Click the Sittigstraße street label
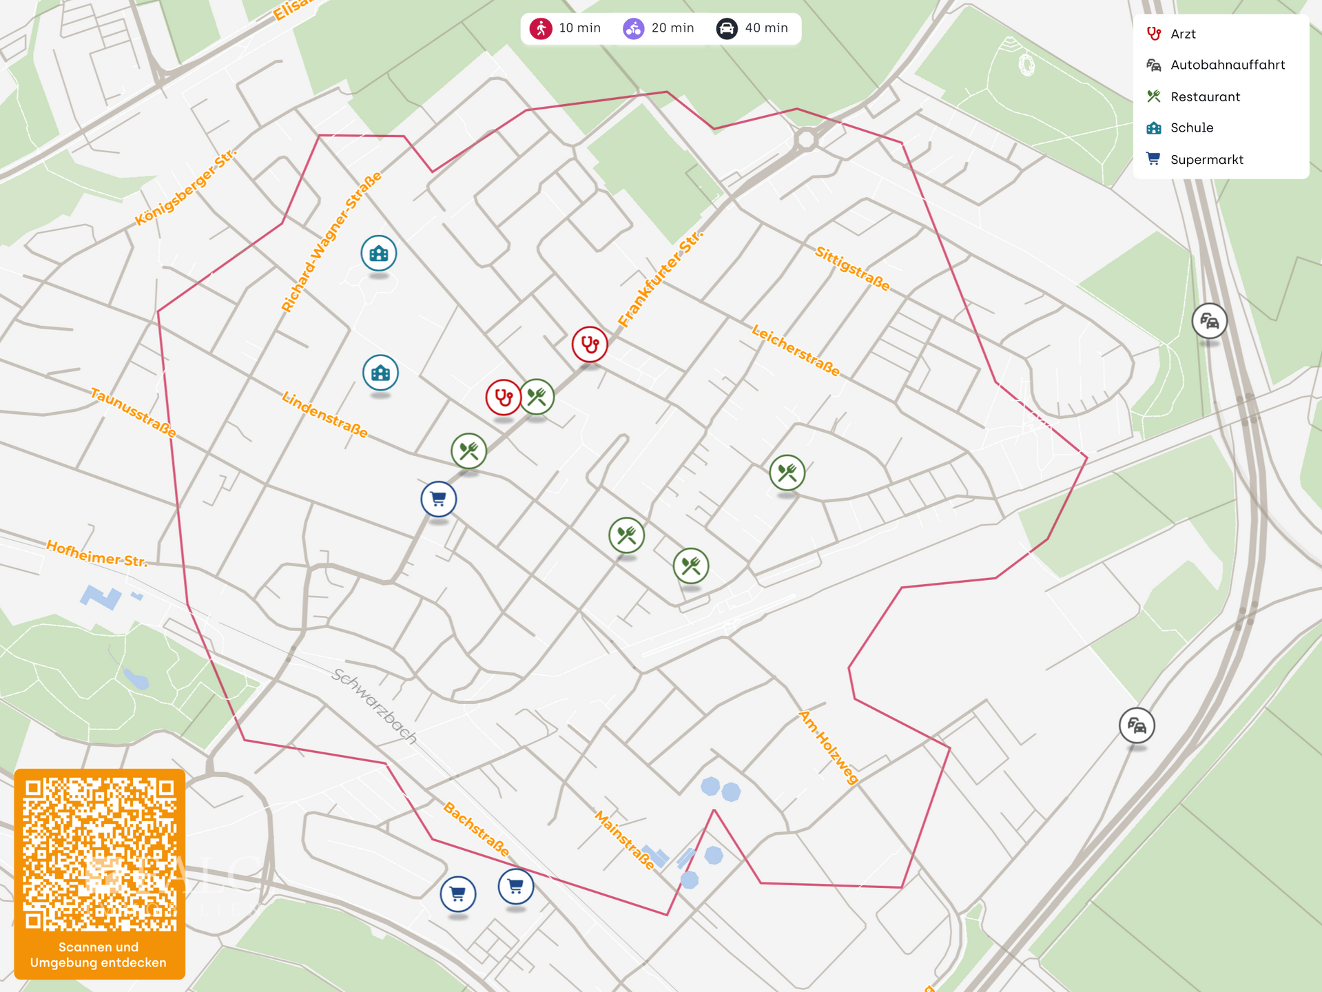[852, 268]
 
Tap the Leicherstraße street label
[796, 351]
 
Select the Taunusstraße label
[134, 413]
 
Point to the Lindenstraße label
[324, 414]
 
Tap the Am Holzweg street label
[829, 747]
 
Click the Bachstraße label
[476, 829]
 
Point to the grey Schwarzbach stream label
[374, 706]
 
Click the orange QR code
[100, 854]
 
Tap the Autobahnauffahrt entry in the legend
[1227, 65]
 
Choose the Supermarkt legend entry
[1206, 160]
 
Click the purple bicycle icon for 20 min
[633, 28]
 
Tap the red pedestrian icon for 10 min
[541, 28]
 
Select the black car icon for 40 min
[727, 28]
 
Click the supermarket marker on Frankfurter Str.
[439, 499]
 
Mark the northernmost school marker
[379, 254]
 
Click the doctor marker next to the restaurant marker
[504, 397]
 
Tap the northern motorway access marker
[1209, 321]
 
